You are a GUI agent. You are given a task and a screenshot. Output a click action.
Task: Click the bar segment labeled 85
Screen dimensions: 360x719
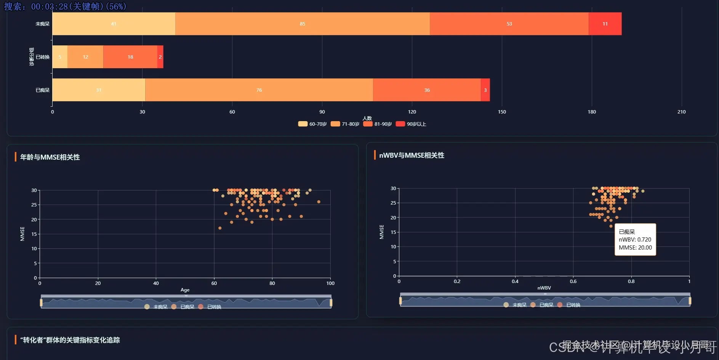(x=302, y=24)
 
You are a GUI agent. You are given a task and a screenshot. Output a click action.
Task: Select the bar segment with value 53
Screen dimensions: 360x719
(x=509, y=24)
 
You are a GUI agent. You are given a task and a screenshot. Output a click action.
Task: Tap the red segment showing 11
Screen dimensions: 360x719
(x=605, y=24)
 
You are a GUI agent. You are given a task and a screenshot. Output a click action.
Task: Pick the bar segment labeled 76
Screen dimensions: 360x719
(x=259, y=90)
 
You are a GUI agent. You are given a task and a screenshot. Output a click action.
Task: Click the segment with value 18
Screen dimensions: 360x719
(x=130, y=57)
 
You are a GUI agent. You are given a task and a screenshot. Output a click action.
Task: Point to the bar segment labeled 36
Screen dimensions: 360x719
(x=427, y=90)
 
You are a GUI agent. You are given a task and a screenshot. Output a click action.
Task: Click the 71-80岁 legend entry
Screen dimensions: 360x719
(x=345, y=124)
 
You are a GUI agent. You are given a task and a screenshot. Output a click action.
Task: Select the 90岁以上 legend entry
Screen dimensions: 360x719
(x=411, y=124)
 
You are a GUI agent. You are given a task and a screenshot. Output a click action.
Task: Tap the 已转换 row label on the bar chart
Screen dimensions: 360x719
(x=43, y=57)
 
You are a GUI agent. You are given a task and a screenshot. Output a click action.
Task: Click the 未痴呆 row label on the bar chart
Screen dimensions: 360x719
(x=43, y=24)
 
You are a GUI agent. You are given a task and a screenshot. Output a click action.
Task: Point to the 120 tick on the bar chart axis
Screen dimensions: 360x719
(x=412, y=112)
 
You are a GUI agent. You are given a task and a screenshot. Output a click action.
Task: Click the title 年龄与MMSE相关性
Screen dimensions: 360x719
(x=50, y=157)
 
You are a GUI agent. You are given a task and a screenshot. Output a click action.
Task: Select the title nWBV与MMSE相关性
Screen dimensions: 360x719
(x=412, y=155)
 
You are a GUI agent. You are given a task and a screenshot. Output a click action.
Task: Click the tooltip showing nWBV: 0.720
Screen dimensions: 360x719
(x=635, y=240)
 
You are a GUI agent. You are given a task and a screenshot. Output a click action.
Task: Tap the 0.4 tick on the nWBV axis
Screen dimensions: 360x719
(x=515, y=282)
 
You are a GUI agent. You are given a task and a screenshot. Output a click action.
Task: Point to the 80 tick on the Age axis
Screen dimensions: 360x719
(x=272, y=283)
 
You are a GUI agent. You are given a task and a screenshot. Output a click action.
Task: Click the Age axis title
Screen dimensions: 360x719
(x=185, y=290)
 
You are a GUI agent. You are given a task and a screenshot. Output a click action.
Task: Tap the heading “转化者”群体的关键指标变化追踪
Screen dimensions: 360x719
(x=70, y=340)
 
